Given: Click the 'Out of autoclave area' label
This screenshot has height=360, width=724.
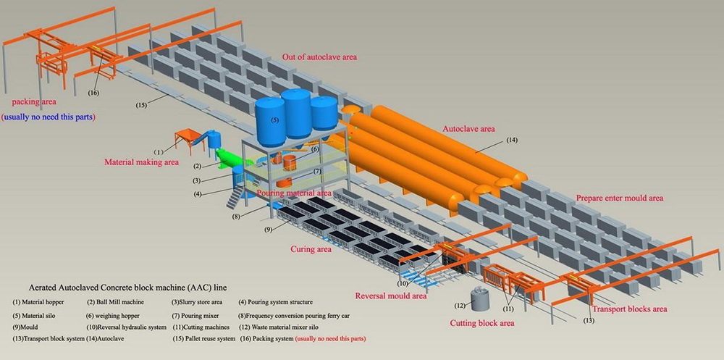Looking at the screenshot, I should (319, 56).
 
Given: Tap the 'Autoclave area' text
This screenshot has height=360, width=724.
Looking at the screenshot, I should (468, 128).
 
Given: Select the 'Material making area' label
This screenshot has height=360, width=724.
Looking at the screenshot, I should (141, 162).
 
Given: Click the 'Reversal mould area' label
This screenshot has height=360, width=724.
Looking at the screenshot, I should (390, 296).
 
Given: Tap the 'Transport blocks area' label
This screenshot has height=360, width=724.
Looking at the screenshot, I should (629, 309).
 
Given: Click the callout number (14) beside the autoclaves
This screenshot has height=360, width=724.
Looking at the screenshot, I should (512, 139).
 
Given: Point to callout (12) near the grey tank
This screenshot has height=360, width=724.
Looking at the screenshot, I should (458, 305).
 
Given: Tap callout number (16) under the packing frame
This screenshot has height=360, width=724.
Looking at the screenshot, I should (93, 93).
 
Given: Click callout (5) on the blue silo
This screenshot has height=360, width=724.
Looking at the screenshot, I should (274, 120).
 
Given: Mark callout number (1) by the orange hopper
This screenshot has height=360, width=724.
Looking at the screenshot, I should (159, 151).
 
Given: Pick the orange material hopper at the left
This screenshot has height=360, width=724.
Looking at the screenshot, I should (188, 135).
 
